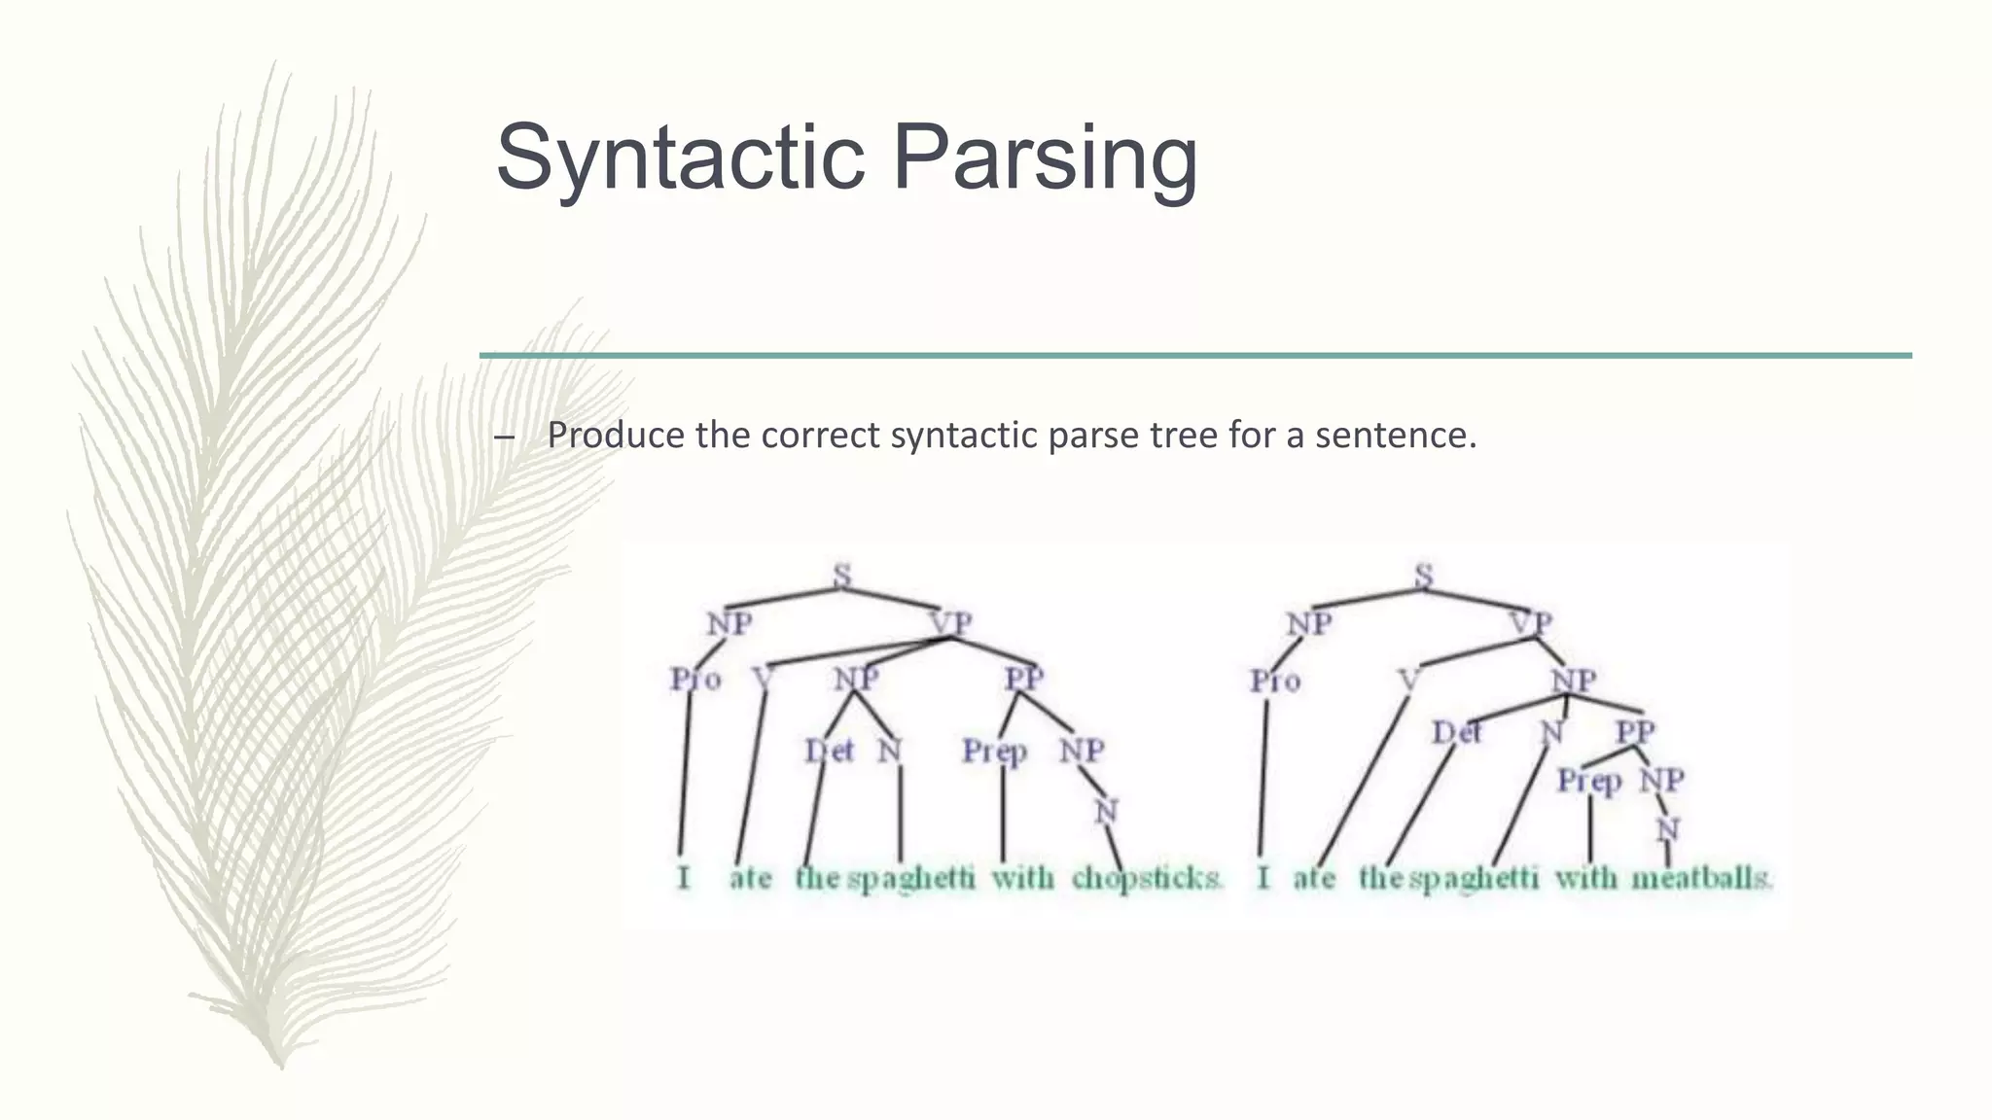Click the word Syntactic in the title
coord(679,158)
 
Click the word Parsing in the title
coord(1045,158)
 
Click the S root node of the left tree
coord(842,576)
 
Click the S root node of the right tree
coord(1423,576)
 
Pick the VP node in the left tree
coord(950,623)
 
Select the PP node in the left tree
coord(1024,679)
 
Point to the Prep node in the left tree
coord(994,752)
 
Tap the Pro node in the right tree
coord(1275,681)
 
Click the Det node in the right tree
coord(1456,731)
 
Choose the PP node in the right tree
coord(1635,731)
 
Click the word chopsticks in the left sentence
coord(1146,878)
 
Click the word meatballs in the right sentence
coord(1701,878)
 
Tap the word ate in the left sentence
coord(750,878)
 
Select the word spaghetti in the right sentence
coord(1474,878)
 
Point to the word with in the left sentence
coord(1022,878)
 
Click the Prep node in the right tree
coord(1588,781)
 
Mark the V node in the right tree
coord(1409,680)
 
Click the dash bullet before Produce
coord(504,437)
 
